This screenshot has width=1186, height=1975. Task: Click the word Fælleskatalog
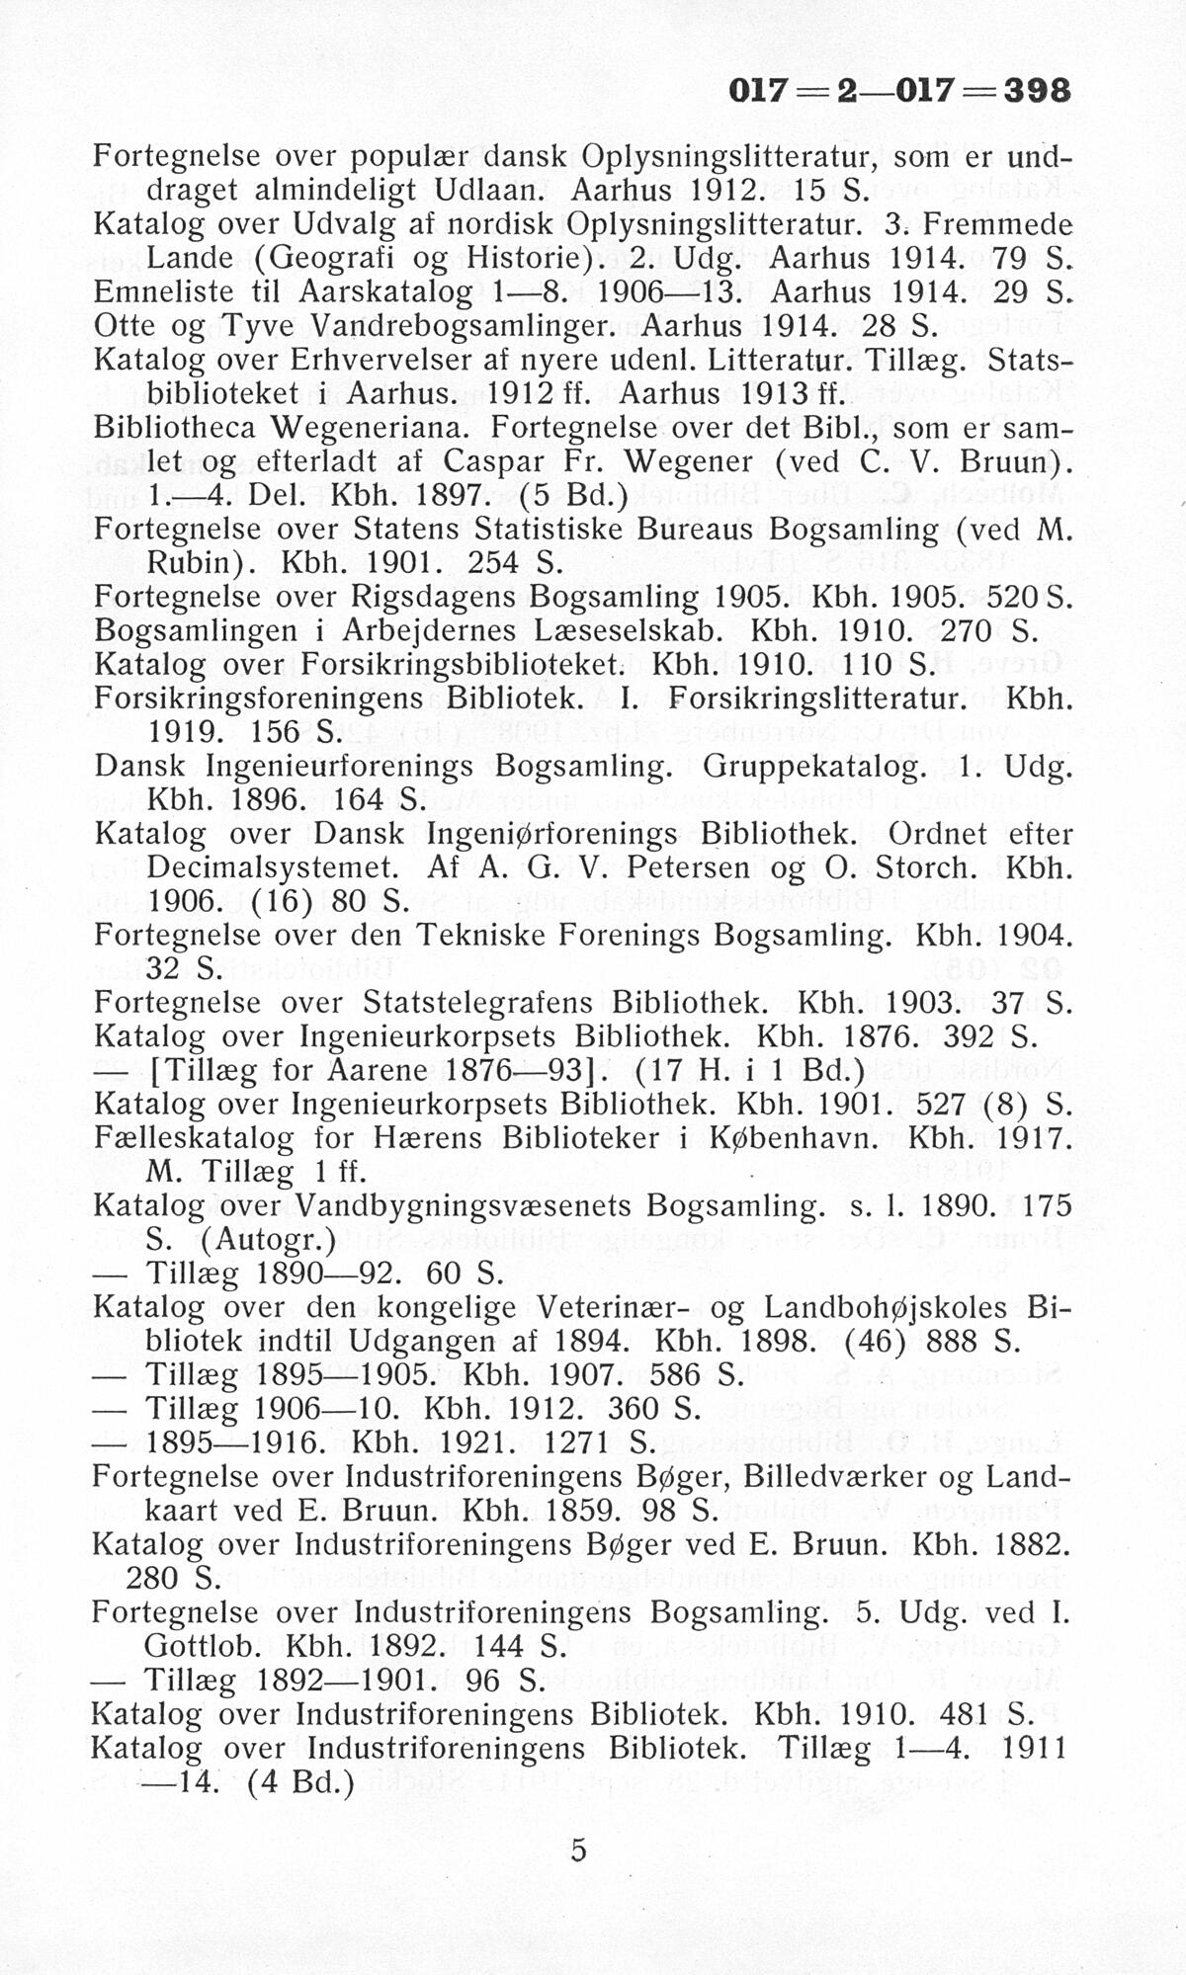194,1138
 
